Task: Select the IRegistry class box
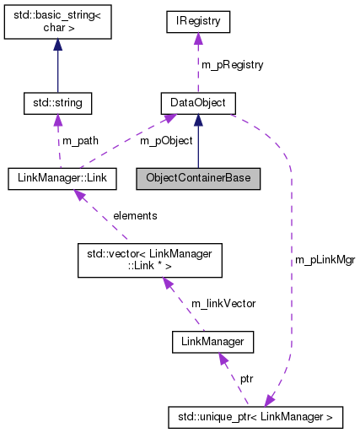click(197, 18)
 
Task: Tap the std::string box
click(56, 104)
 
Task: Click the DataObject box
click(197, 104)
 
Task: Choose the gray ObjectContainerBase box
click(198, 178)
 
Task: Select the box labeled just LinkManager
click(212, 342)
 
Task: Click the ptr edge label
click(246, 379)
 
